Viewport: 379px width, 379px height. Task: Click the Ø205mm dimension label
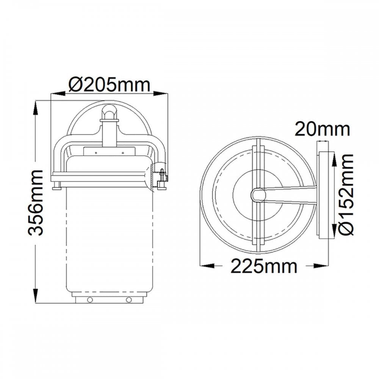[x=109, y=85]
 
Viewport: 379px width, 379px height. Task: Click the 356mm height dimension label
[x=36, y=202]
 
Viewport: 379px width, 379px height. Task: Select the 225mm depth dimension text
[x=264, y=266]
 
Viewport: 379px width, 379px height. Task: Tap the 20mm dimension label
[x=322, y=129]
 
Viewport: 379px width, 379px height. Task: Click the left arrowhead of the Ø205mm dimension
[x=58, y=93]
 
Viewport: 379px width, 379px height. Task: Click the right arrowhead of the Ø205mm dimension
[x=161, y=93]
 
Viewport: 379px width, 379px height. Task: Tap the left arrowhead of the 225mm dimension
[x=207, y=266]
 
